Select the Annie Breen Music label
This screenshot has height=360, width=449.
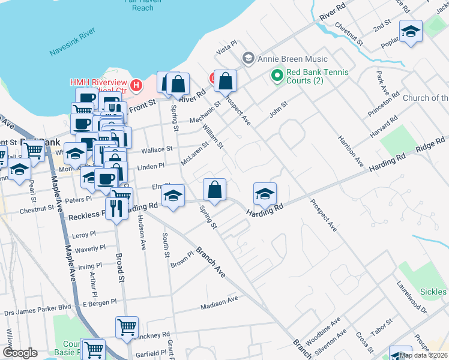292,59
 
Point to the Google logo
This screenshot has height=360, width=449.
20,353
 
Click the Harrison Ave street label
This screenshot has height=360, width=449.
351,151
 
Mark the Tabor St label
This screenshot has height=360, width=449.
380,329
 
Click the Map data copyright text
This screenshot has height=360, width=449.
423,355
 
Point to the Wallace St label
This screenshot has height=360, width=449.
157,148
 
